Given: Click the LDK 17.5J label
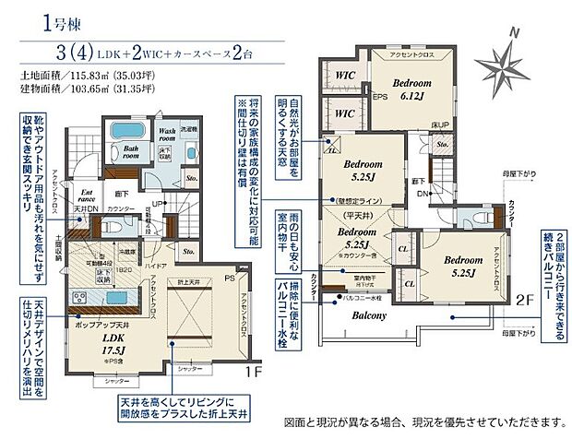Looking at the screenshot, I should [113, 345].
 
